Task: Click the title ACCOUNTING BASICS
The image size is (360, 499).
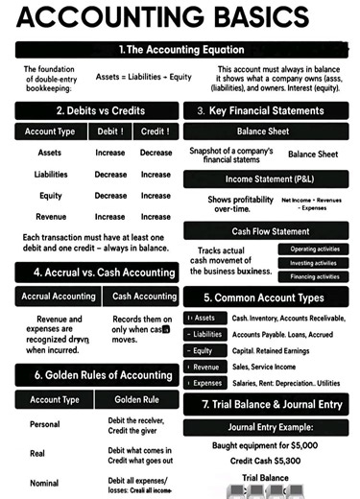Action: pyautogui.click(x=180, y=19)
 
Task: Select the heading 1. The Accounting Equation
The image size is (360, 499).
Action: pyautogui.click(x=180, y=49)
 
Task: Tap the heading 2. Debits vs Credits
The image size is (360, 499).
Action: pyautogui.click(x=88, y=111)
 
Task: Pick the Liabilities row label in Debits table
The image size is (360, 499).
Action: pyautogui.click(x=51, y=175)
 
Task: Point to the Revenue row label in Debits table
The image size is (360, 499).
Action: pyautogui.click(x=51, y=217)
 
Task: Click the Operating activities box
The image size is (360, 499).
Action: pyautogui.click(x=314, y=249)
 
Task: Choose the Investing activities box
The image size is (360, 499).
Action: pyautogui.click(x=314, y=263)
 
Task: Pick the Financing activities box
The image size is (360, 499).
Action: pyautogui.click(x=314, y=276)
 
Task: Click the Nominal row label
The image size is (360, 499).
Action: pyautogui.click(x=45, y=483)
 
